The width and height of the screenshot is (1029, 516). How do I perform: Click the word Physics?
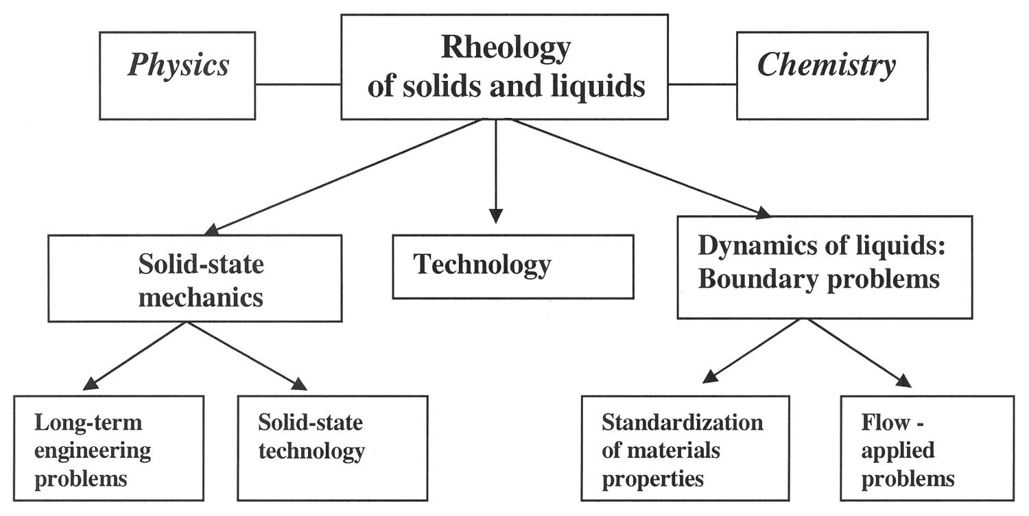(178, 66)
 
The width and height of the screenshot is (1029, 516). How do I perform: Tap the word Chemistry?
(826, 66)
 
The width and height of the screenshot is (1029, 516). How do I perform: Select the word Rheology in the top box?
(506, 47)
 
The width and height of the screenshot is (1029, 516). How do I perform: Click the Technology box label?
(482, 265)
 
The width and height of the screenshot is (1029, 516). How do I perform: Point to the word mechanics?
(200, 297)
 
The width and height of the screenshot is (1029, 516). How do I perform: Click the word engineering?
(93, 450)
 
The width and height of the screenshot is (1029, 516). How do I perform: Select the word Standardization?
(682, 422)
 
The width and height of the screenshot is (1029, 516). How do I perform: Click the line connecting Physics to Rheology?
(298, 84)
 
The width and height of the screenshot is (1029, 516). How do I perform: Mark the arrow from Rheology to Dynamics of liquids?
(638, 168)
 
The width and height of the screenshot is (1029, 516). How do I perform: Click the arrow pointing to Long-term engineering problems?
(137, 355)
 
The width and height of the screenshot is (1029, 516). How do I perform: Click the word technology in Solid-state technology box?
(311, 451)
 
